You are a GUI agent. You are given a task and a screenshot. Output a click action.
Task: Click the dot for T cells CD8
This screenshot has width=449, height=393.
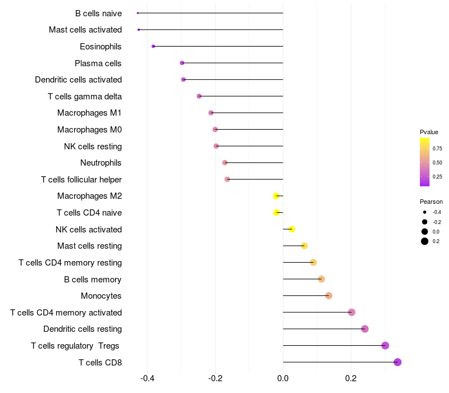point(397,362)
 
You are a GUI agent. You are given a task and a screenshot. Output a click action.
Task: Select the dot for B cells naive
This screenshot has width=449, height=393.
point(138,13)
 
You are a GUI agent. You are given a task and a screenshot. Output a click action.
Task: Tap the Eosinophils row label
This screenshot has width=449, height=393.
point(100,46)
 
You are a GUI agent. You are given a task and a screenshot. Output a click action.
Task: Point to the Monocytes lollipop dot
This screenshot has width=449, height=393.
point(329,296)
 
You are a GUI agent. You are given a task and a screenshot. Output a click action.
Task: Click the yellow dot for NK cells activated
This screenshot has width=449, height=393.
point(292,229)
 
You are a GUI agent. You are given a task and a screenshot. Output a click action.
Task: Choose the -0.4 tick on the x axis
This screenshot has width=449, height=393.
point(147,378)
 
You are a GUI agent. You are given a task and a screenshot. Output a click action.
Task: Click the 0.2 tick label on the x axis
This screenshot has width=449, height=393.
point(351,378)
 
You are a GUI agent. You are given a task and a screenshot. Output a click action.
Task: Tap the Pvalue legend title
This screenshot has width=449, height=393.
point(429,132)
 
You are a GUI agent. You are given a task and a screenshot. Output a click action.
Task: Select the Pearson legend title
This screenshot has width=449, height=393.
point(431,202)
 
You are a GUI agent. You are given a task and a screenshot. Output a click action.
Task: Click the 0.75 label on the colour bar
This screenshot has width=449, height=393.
point(437,149)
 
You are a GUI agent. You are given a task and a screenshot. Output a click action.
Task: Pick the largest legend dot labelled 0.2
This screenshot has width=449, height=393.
point(425,241)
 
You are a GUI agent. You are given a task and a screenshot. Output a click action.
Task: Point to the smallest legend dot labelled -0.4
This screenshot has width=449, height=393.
point(425,212)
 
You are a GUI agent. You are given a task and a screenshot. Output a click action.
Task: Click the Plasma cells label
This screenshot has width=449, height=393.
point(98,63)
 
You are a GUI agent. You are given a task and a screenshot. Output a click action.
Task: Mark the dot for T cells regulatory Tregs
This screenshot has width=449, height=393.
point(385,345)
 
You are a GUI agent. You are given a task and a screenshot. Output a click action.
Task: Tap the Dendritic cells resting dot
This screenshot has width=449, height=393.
point(365,329)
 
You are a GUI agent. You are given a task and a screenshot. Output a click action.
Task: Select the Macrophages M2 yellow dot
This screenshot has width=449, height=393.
point(276,196)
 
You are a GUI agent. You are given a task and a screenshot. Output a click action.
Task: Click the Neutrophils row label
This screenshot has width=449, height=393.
point(101,163)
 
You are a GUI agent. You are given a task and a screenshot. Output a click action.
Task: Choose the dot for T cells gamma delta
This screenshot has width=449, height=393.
point(199,96)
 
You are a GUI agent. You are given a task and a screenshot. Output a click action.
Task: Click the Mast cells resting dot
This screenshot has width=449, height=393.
point(304,246)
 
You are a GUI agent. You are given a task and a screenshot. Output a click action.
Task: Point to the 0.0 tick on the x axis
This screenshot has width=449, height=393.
point(283,378)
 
